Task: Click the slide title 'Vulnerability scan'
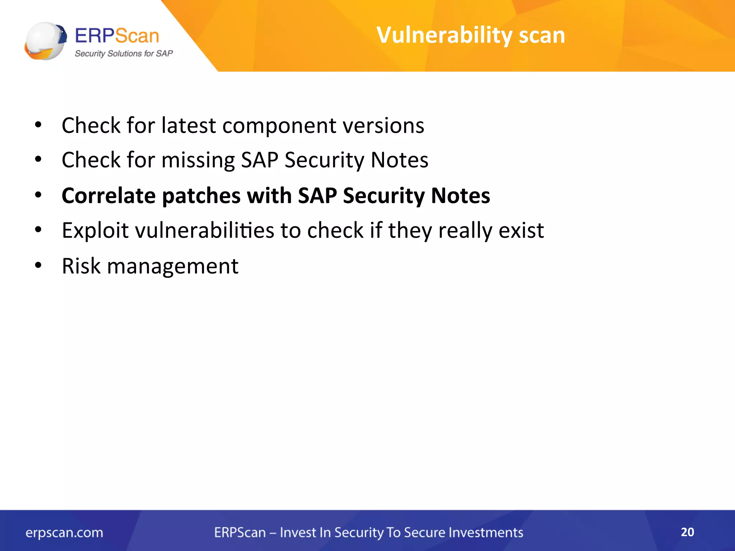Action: (471, 35)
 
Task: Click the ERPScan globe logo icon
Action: (45, 41)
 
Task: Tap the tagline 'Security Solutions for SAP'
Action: (123, 54)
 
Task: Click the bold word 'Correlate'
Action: (108, 196)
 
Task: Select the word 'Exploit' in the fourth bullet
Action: (95, 230)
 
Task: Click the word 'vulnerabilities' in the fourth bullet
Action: (204, 230)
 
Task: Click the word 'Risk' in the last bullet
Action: (81, 266)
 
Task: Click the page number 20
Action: (687, 532)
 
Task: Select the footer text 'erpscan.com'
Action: (64, 533)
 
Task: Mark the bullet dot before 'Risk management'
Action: (38, 266)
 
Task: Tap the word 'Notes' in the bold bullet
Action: (460, 196)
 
